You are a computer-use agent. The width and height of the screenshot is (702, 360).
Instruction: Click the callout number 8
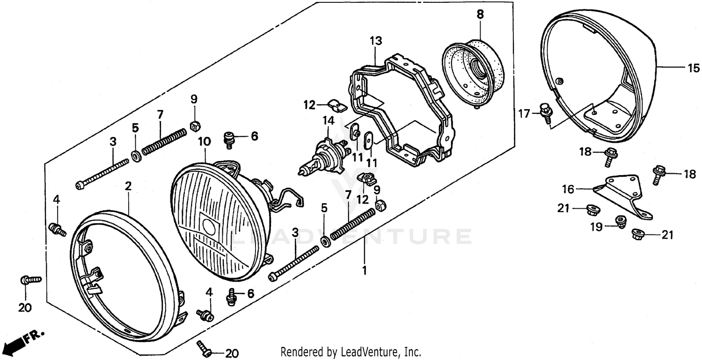pyautogui.click(x=480, y=15)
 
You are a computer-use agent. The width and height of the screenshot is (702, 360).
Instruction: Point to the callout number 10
pyautogui.click(x=205, y=141)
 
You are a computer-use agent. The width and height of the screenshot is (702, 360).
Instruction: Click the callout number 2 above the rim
pyautogui.click(x=128, y=186)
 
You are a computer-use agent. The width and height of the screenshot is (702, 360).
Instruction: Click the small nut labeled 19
pyautogui.click(x=621, y=221)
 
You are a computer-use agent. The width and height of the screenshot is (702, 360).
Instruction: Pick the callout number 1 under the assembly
pyautogui.click(x=365, y=270)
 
